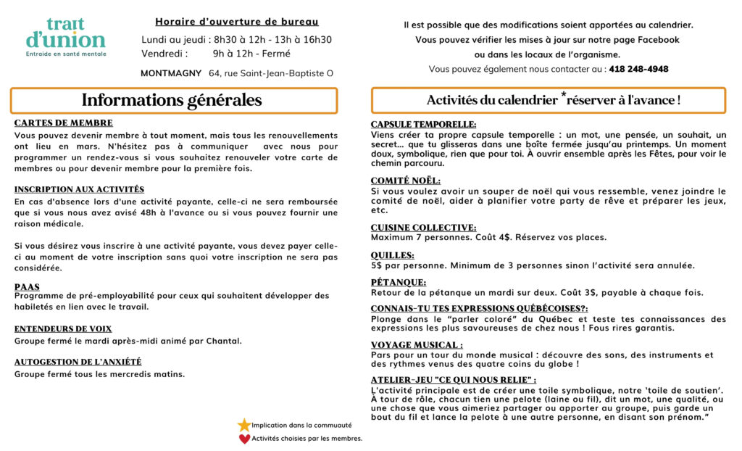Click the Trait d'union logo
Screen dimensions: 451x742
tap(65, 37)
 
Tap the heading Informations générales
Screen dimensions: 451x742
tap(172, 101)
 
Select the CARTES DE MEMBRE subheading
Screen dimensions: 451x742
tap(64, 123)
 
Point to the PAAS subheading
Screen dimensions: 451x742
tap(27, 287)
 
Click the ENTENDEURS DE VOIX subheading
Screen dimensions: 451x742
tap(63, 328)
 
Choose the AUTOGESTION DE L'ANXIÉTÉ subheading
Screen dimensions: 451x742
tap(78, 361)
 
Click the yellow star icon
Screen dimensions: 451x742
tap(244, 425)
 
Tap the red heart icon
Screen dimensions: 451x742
tap(244, 438)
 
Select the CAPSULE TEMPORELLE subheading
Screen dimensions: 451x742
tap(423, 124)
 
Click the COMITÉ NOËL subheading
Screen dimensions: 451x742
tap(405, 181)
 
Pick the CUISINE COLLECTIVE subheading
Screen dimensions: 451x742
tap(423, 228)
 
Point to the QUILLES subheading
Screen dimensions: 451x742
tap(392, 255)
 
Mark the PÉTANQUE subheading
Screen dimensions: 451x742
tap(398, 282)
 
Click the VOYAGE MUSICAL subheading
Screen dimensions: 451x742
tap(417, 345)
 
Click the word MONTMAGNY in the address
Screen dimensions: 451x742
tap(172, 73)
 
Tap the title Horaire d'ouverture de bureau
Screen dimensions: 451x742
tap(237, 22)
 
